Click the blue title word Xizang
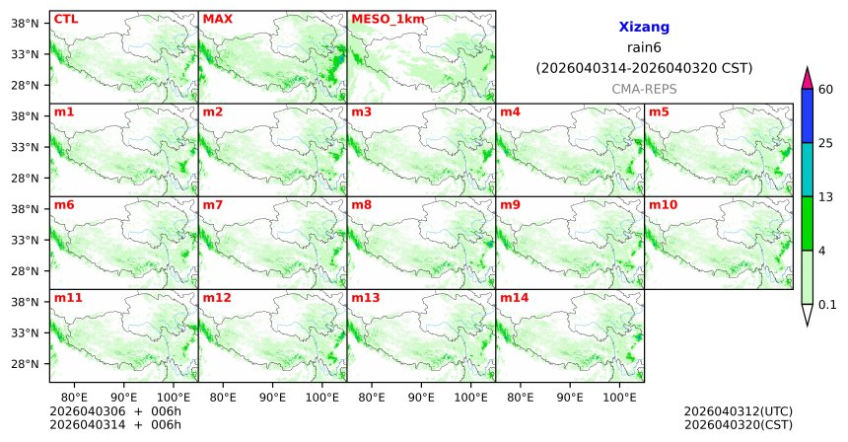[x=644, y=29]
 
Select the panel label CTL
[x=65, y=19]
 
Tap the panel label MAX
[x=217, y=19]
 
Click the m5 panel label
[x=659, y=111]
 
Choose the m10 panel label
[x=663, y=205]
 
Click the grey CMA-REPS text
[x=644, y=89]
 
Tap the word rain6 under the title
[x=644, y=48]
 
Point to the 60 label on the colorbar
[x=826, y=90]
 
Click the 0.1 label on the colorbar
[x=827, y=305]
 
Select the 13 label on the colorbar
[x=826, y=197]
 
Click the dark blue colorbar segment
[x=807, y=116]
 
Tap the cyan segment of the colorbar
[x=807, y=170]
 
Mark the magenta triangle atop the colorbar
[x=807, y=78]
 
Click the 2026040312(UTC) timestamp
[x=738, y=410]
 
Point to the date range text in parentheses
[x=644, y=68]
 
